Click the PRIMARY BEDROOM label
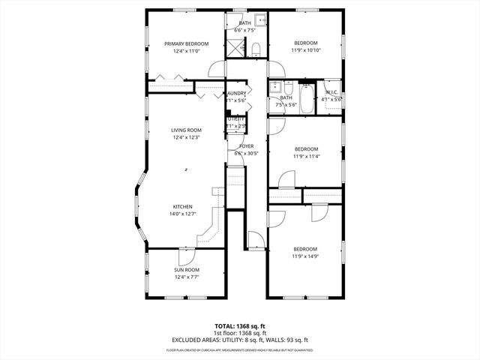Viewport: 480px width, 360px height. (x=186, y=44)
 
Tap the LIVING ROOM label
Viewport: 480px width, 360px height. (x=186, y=130)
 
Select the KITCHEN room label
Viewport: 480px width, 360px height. (x=183, y=207)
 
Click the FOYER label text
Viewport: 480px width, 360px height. (x=245, y=146)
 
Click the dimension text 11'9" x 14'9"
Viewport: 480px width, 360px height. (x=305, y=256)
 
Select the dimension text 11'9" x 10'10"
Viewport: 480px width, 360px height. (x=305, y=50)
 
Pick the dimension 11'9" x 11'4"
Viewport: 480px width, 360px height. (x=305, y=156)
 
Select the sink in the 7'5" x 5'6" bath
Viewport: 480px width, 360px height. (x=275, y=86)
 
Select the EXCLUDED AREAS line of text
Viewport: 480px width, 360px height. (x=239, y=340)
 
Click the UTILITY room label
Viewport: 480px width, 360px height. (x=236, y=118)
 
